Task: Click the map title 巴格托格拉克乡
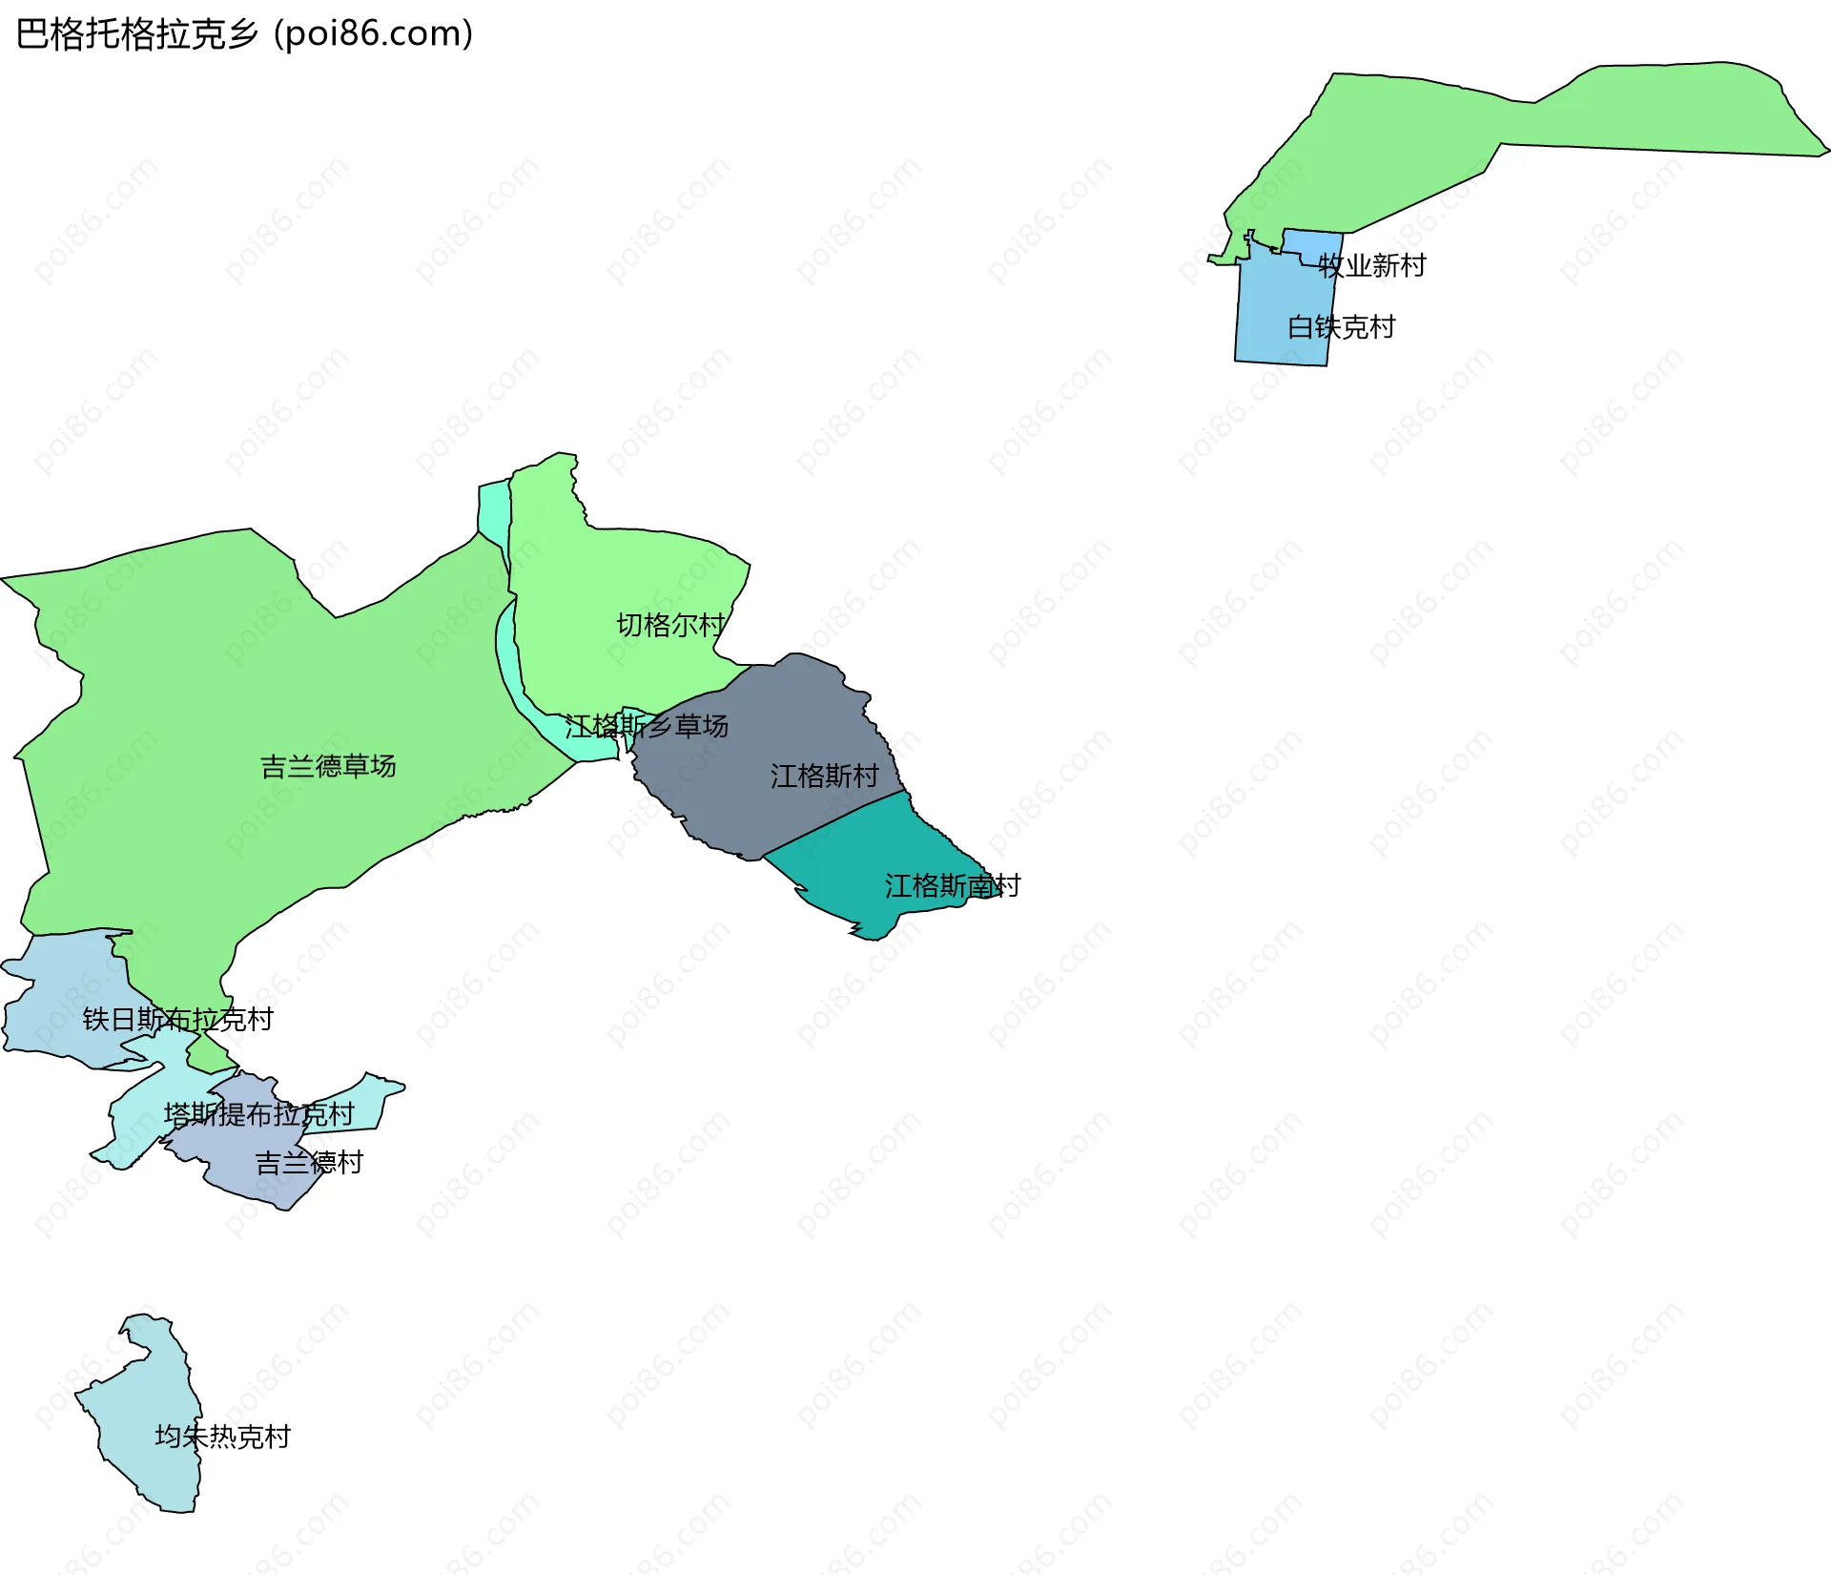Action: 137,34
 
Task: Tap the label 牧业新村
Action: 1371,265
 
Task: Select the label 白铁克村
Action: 1341,327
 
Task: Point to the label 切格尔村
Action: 670,625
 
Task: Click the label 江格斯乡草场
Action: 647,726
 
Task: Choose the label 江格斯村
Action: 824,776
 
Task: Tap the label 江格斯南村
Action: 952,885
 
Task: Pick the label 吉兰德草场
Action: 328,766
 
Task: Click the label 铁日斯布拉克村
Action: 177,1019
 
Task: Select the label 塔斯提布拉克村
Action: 258,1113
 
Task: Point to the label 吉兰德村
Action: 309,1162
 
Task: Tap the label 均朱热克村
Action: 222,1436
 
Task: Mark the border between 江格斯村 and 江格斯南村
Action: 834,821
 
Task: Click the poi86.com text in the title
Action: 374,34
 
